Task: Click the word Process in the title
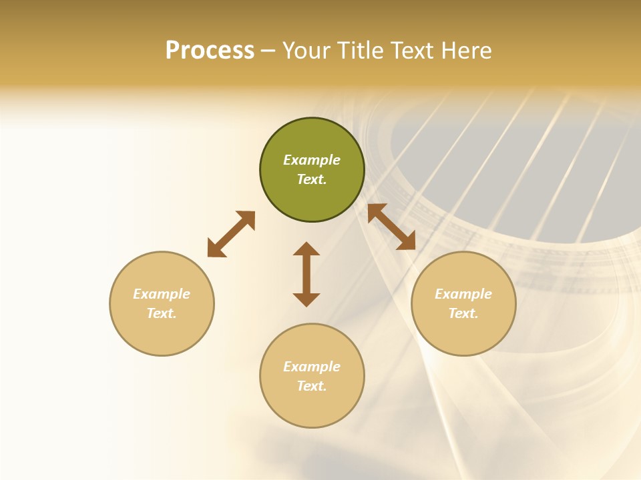[210, 51]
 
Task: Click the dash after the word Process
[268, 51]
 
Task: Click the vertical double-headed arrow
[306, 274]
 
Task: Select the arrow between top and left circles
[231, 234]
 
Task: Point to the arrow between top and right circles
[391, 227]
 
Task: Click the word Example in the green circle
[312, 160]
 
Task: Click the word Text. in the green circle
[312, 179]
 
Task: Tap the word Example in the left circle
[162, 294]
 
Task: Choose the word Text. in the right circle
[463, 313]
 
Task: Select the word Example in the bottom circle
[312, 367]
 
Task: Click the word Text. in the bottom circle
[312, 386]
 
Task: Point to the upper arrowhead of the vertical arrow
[306, 249]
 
